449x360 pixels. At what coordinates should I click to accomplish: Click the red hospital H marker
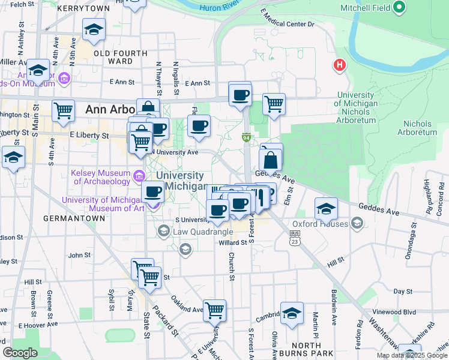point(340,65)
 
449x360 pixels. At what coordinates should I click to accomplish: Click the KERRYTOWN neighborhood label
point(84,8)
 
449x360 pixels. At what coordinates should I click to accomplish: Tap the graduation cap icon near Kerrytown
point(94,30)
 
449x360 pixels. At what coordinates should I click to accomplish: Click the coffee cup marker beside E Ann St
point(240,95)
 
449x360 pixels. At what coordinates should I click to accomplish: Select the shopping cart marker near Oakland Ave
point(214,311)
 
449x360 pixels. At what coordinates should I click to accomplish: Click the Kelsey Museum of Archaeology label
point(101,176)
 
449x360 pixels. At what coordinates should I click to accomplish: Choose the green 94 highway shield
point(246,138)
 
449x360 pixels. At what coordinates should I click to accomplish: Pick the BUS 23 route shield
point(294,238)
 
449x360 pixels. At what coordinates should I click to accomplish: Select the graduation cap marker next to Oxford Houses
point(326,208)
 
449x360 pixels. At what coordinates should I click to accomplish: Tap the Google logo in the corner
point(20,353)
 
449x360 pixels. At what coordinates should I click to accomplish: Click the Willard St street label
point(233,243)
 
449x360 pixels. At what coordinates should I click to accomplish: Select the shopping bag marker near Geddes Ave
point(271,160)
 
